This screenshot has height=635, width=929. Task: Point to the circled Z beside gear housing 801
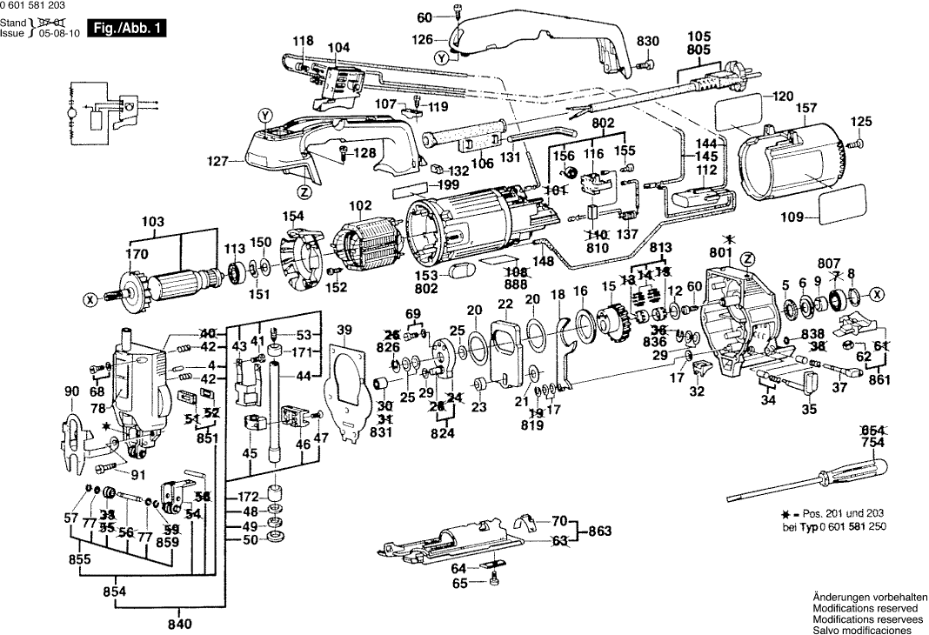[746, 258]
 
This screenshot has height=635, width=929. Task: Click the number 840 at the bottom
[179, 623]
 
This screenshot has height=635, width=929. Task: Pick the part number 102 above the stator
[359, 207]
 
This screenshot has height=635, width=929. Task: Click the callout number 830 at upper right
[648, 41]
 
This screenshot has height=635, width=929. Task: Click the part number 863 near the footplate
[601, 530]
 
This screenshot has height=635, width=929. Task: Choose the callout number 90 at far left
[71, 392]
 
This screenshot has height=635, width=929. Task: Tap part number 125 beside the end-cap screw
[860, 121]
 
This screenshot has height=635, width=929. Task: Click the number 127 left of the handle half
[219, 161]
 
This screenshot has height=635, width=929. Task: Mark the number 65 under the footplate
[458, 583]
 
